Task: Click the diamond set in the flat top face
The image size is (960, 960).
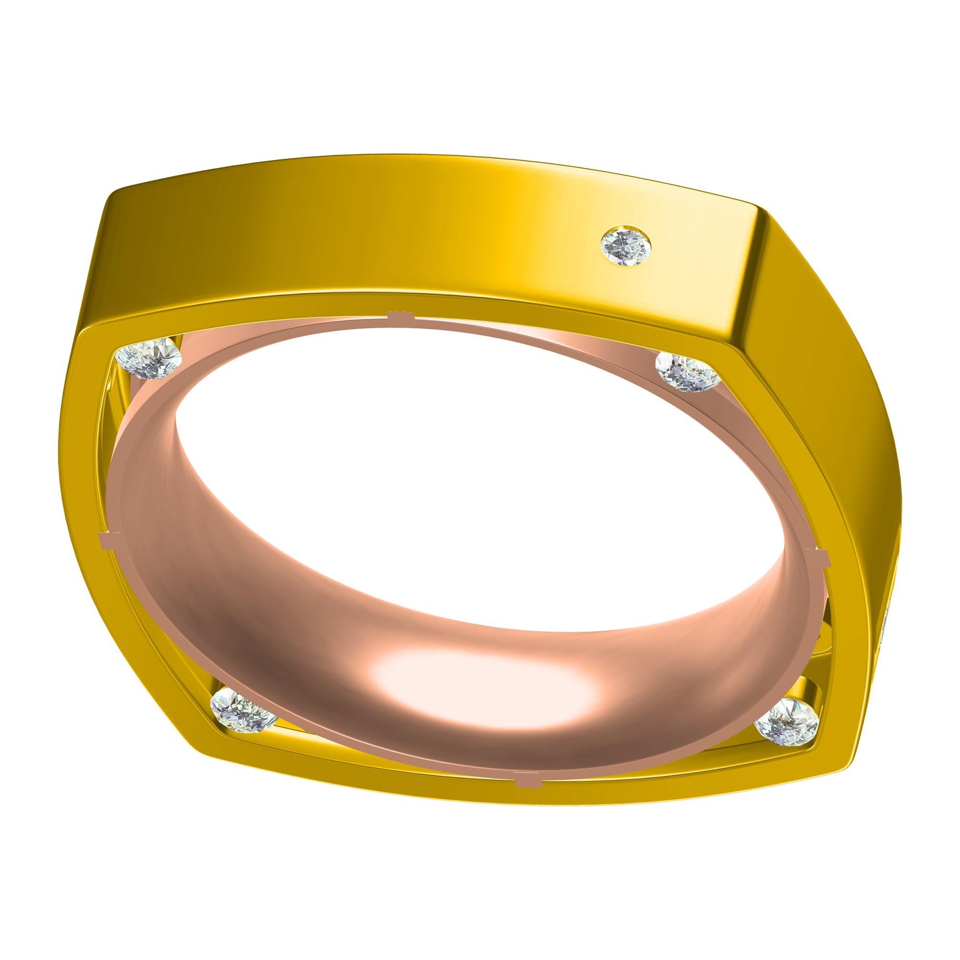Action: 625,246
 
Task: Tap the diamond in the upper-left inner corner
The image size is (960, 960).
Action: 148,358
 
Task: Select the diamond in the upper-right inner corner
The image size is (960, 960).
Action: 688,372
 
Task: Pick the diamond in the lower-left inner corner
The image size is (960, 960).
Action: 242,710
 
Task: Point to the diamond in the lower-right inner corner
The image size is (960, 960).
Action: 787,721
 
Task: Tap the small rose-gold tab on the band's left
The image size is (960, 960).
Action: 106,539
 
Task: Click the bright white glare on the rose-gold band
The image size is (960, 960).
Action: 478,678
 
